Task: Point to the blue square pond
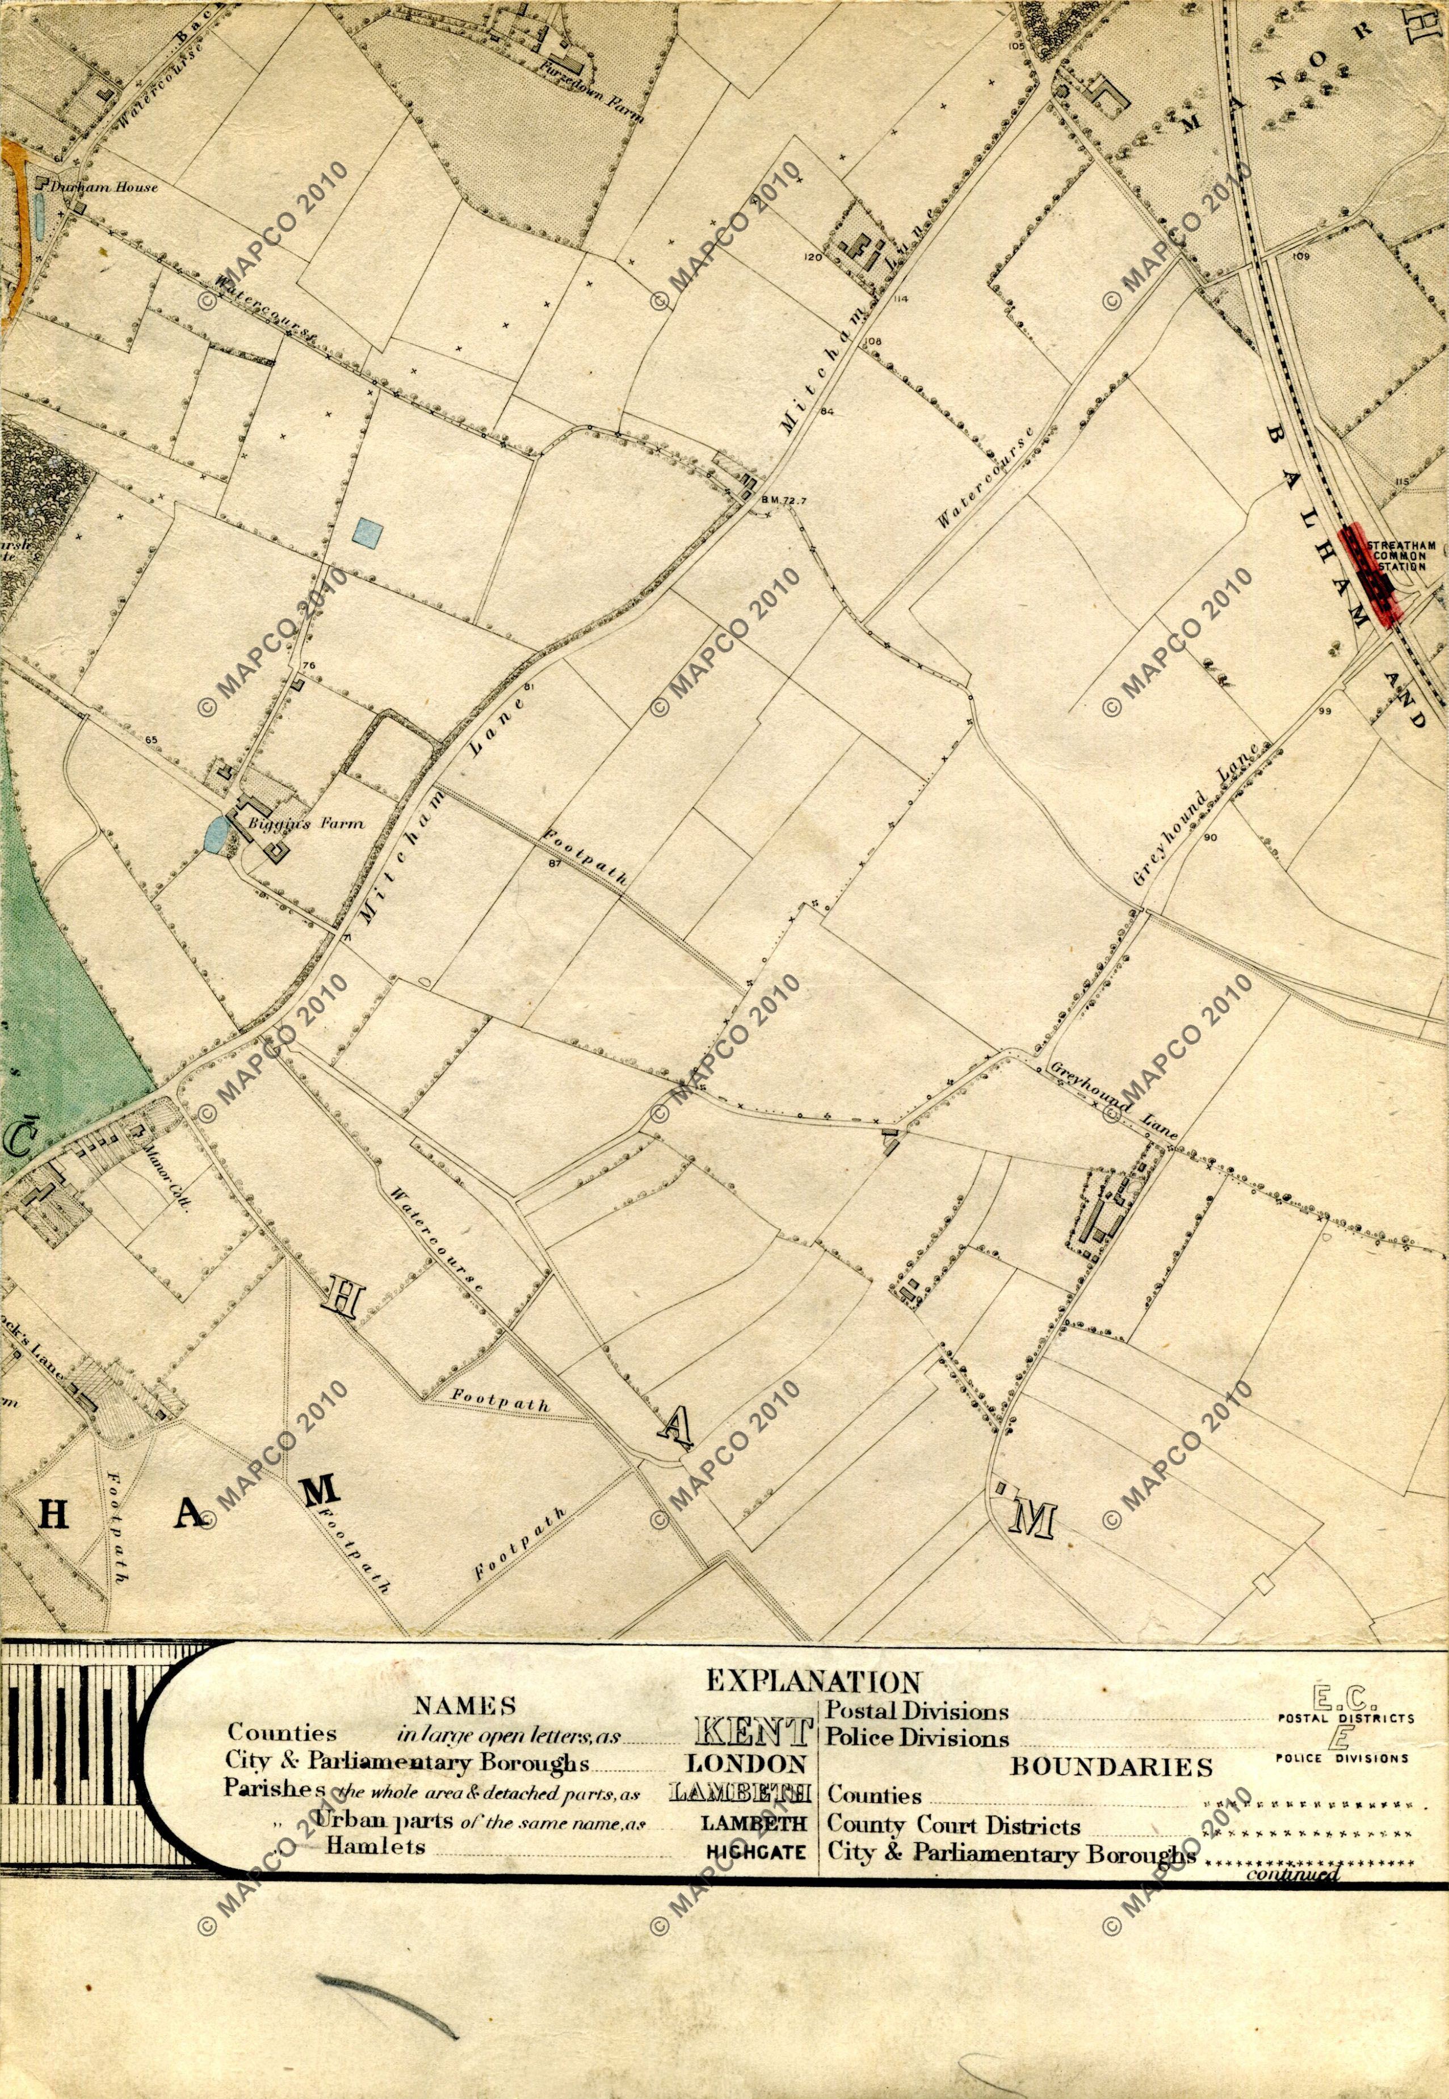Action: [367, 532]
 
